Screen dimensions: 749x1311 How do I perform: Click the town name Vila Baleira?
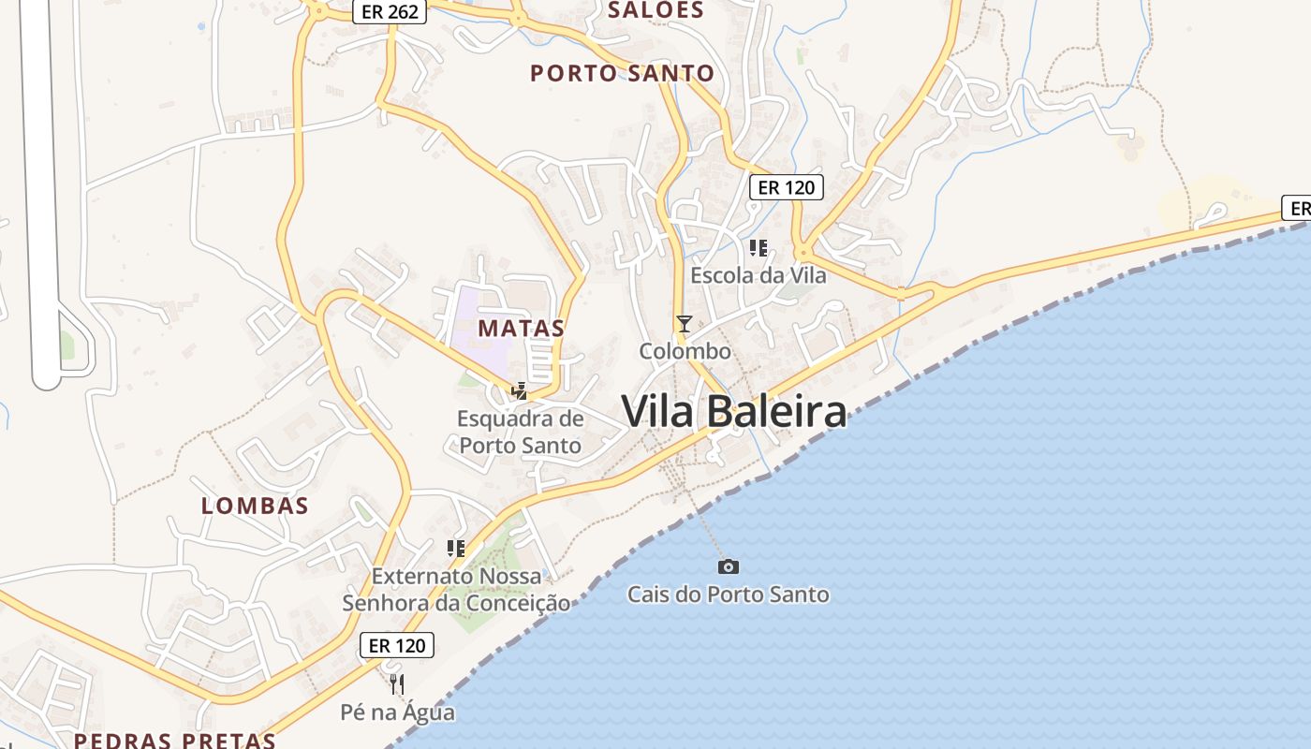pyautogui.click(x=733, y=412)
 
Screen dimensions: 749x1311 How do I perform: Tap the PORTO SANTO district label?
pyautogui.click(x=622, y=73)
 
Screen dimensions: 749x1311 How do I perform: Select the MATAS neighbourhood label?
pyautogui.click(x=522, y=328)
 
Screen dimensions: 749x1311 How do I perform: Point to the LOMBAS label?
pyautogui.click(x=255, y=506)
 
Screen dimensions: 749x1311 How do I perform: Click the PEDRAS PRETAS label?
pyautogui.click(x=175, y=741)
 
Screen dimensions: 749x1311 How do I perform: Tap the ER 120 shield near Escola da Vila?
pyautogui.click(x=787, y=187)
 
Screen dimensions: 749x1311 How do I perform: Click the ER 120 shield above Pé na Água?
pyautogui.click(x=397, y=645)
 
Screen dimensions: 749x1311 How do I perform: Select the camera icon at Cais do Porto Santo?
pyautogui.click(x=728, y=566)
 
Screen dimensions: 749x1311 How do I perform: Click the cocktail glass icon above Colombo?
pyautogui.click(x=685, y=324)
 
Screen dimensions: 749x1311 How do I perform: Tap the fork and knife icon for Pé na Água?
pyautogui.click(x=397, y=684)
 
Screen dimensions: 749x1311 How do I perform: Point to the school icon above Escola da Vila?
pyautogui.click(x=759, y=248)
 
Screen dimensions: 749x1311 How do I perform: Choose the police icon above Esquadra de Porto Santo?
pyautogui.click(x=519, y=391)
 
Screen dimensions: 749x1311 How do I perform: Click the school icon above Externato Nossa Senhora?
pyautogui.click(x=456, y=548)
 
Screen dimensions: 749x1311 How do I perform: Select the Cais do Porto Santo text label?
pyautogui.click(x=728, y=595)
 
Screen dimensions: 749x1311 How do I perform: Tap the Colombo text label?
pyautogui.click(x=685, y=352)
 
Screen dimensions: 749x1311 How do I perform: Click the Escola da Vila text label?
pyautogui.click(x=759, y=275)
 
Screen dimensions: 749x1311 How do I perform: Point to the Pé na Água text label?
pyautogui.click(x=397, y=712)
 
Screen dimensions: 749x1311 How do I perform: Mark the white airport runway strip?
pyautogui.click(x=42, y=187)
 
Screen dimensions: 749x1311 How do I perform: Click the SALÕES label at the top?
pyautogui.click(x=655, y=10)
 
